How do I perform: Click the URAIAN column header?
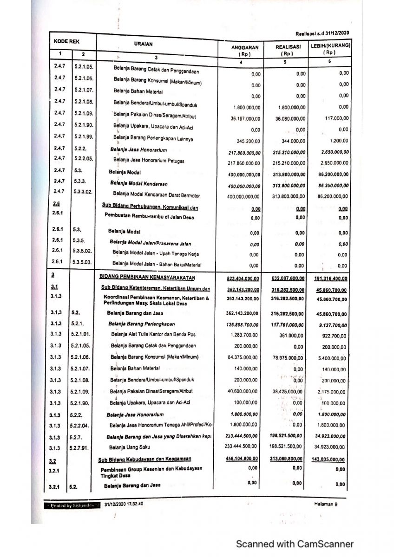(143, 45)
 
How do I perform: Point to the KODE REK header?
(66, 41)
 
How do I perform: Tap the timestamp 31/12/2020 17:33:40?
(124, 504)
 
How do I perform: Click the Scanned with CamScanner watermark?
(295, 544)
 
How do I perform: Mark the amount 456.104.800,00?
(243, 459)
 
